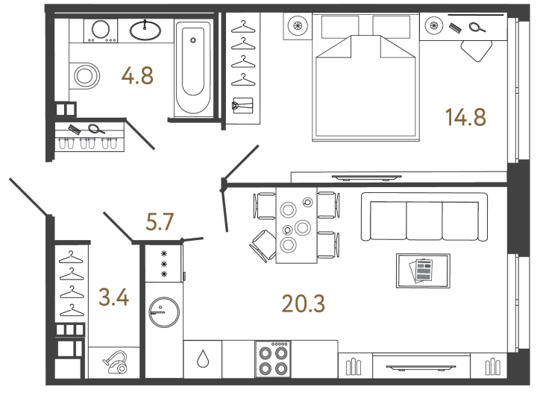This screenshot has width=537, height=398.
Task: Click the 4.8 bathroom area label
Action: click(137, 76)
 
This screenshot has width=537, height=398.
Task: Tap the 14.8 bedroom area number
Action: click(465, 117)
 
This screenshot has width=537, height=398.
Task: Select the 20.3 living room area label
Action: click(303, 303)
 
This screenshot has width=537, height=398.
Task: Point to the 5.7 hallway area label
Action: click(160, 222)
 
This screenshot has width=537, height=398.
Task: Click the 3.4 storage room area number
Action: click(114, 300)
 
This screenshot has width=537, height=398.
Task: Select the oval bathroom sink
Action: click(145, 31)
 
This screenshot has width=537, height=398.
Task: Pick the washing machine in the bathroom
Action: click(100, 31)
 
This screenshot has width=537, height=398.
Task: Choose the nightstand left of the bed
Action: click(298, 26)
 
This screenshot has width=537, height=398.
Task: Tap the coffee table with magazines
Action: click(424, 270)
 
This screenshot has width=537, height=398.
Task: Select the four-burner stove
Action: click(272, 359)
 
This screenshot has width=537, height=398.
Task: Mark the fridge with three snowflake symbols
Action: click(163, 265)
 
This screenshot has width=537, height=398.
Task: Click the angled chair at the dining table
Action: click(263, 243)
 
